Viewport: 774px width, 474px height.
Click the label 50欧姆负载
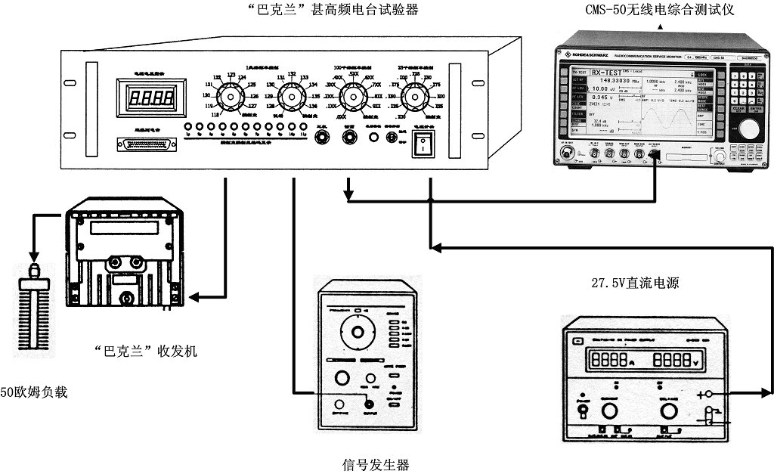click(34, 392)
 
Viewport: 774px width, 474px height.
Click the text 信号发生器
click(376, 463)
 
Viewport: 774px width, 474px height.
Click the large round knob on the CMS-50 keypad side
click(748, 129)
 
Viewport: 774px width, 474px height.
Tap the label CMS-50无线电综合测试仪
click(659, 10)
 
